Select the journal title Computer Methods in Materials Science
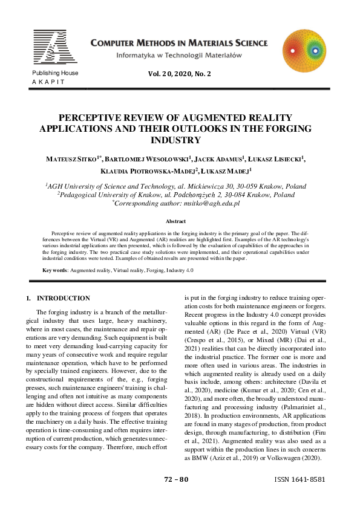click(178, 43)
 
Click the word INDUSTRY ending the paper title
click(180, 140)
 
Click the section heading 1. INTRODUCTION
click(58, 298)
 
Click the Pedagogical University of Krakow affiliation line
click(179, 195)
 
